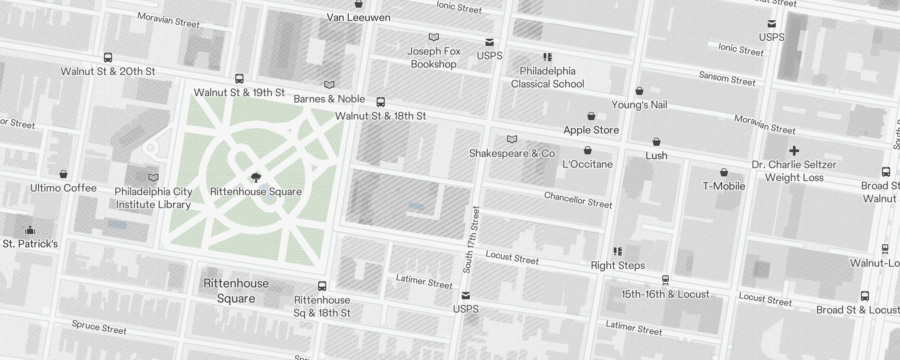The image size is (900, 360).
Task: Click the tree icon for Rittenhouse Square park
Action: coord(256,177)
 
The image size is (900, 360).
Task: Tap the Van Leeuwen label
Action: coord(358,18)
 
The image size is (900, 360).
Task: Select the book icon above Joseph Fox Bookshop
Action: coord(434,37)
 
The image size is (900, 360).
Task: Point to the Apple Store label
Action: coord(591,130)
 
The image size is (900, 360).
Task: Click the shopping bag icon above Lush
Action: coord(657,142)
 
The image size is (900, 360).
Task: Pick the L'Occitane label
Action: coord(587,164)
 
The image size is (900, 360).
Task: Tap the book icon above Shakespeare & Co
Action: coord(512,139)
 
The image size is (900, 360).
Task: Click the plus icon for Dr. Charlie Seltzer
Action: coord(794,151)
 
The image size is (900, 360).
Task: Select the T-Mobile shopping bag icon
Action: coord(724,172)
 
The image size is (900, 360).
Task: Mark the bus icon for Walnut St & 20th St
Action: coord(108,58)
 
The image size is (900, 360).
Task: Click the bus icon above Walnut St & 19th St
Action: coord(239,79)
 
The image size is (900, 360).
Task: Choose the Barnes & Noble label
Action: coord(329,99)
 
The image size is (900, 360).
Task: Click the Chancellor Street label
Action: coord(578,200)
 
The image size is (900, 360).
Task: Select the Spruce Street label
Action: coord(99,327)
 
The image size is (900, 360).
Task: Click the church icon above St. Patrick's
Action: coord(30,230)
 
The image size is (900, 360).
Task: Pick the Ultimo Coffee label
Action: coord(63,188)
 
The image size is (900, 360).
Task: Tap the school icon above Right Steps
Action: coord(618,252)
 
